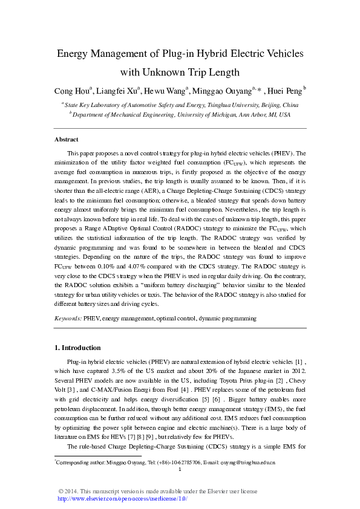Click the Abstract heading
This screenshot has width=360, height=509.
click(67, 140)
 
